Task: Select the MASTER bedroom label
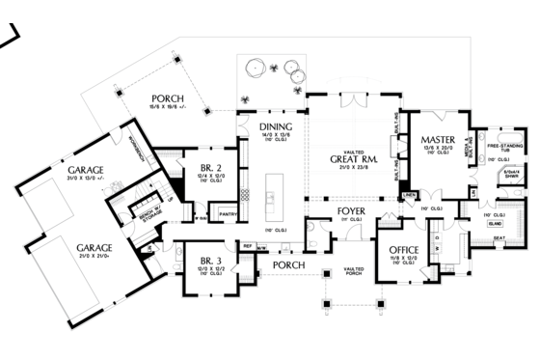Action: coord(438,142)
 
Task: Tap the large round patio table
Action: coord(258,68)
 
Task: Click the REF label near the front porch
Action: coord(247,247)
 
